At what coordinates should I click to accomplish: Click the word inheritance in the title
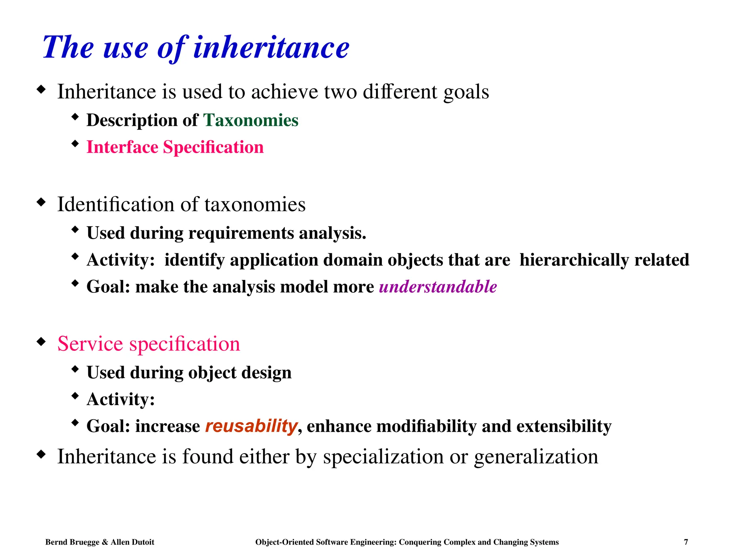coord(271,48)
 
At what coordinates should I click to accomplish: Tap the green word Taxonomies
coord(251,120)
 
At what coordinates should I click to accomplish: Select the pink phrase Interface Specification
coord(175,147)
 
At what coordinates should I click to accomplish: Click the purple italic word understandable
coord(438,287)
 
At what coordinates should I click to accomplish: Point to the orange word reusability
coord(251,426)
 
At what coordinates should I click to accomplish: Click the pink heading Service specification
coord(148,344)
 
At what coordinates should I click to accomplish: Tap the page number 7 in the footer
coord(686,542)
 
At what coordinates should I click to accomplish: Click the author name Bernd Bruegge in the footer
coord(72,542)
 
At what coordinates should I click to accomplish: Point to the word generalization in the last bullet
coord(536,456)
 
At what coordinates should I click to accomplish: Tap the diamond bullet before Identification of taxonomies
coord(41,202)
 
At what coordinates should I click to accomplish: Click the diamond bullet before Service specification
coord(41,342)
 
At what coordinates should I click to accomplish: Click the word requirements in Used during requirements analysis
coord(241,233)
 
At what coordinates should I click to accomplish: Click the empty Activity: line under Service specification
coord(121,399)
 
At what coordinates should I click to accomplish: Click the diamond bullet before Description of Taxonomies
coord(75,117)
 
